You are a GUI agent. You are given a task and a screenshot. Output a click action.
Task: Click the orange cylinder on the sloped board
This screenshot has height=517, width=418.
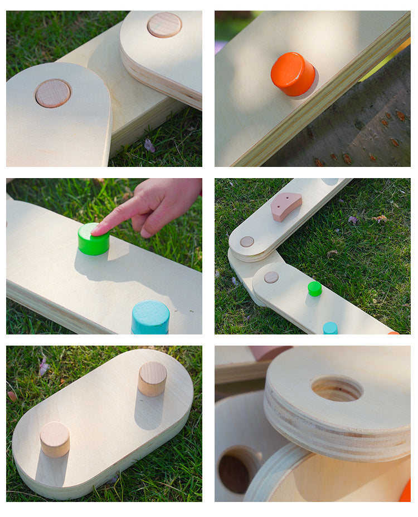click(x=293, y=73)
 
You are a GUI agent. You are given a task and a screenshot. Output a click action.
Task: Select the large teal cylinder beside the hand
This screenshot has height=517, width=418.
click(x=150, y=318)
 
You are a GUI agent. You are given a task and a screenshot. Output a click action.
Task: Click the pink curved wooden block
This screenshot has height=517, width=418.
click(x=286, y=206)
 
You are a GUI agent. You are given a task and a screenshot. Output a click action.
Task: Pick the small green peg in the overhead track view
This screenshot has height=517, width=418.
click(x=315, y=288)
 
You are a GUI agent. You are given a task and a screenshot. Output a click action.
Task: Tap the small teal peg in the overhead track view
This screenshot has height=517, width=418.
click(x=330, y=328)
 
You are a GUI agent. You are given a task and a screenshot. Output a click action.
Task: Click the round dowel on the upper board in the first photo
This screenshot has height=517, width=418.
click(x=164, y=25)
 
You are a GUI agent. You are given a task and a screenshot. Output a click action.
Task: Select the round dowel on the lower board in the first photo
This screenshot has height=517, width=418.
click(x=53, y=93)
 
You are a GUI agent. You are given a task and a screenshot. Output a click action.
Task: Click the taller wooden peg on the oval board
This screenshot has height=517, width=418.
click(x=152, y=378)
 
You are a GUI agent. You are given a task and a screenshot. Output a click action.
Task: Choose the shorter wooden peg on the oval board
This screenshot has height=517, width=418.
click(x=55, y=439)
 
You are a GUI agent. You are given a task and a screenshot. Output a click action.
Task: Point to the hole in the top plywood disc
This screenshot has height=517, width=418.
click(x=337, y=388)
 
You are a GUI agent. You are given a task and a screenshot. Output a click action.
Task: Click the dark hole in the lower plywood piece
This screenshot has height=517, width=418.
click(x=235, y=473)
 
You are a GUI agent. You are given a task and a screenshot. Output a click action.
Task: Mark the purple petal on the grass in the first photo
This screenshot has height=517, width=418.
click(x=149, y=146)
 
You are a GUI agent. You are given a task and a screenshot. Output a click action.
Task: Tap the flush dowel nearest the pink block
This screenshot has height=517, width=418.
click(x=246, y=242)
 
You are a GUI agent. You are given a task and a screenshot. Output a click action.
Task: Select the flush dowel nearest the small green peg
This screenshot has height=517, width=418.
click(x=271, y=277)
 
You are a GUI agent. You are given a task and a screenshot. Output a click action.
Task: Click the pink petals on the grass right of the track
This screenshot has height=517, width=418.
click(x=380, y=218)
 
